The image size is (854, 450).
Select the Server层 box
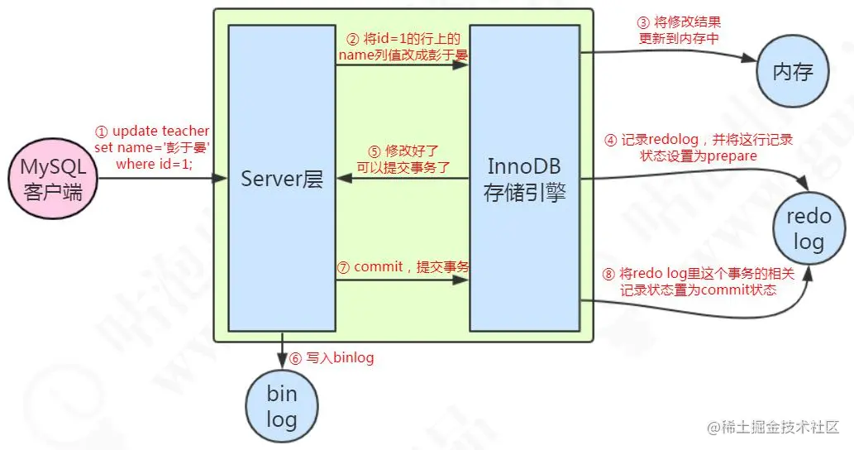point(281,179)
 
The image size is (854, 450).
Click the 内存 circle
point(793,72)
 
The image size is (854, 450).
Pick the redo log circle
point(809,229)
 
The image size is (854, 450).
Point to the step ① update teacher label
point(152,146)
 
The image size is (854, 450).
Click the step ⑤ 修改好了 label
point(403,159)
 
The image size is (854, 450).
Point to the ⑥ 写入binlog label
point(331,358)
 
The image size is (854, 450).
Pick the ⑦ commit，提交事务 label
point(403,267)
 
